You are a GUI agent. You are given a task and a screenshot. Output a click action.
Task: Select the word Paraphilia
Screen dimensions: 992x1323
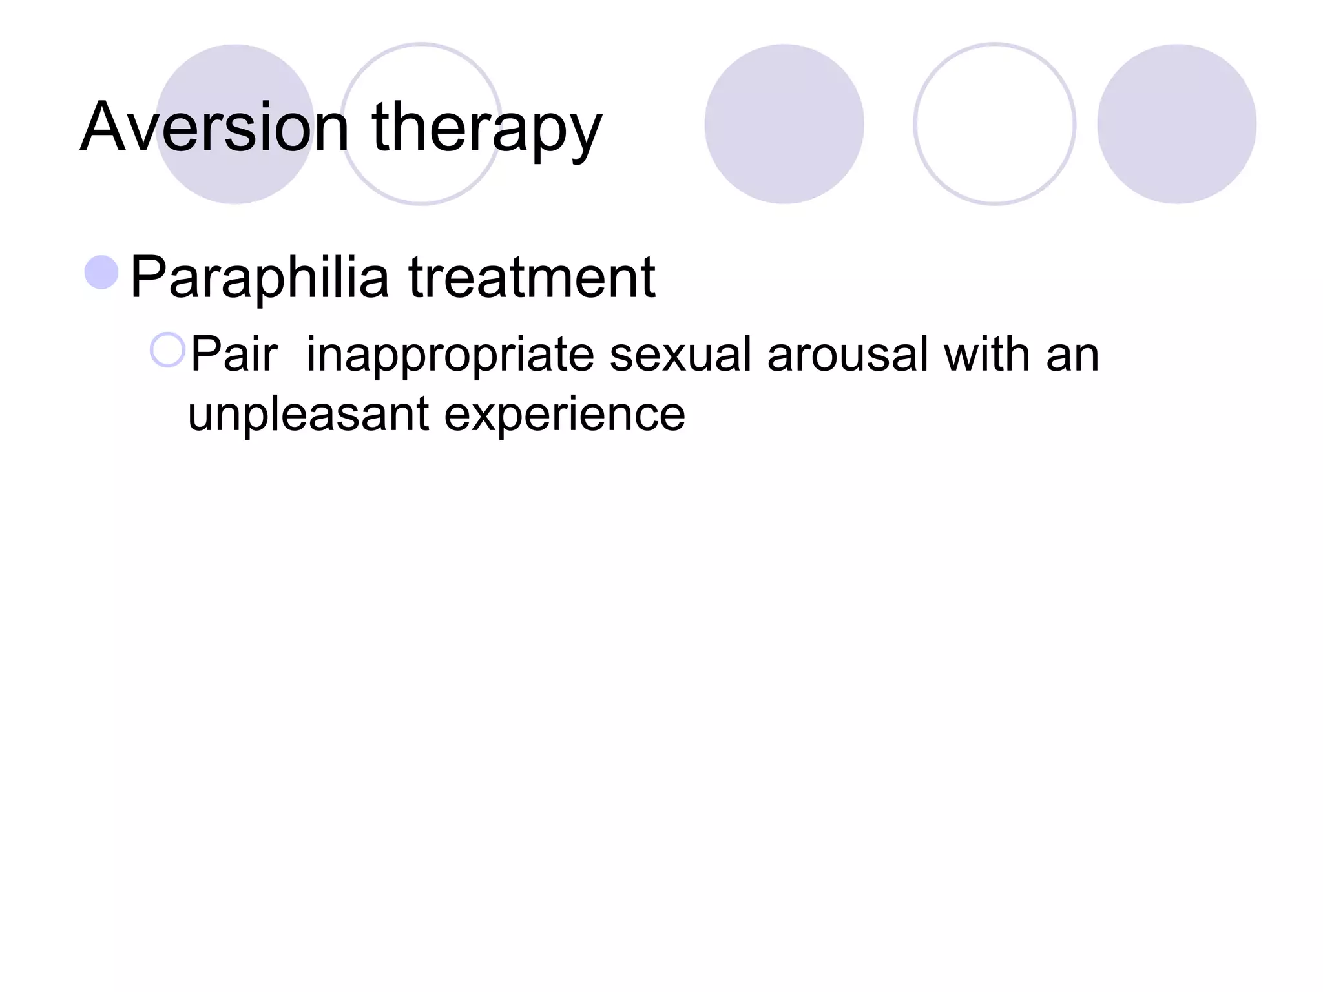tap(259, 278)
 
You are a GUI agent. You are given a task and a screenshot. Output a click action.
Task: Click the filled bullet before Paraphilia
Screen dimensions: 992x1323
tap(101, 272)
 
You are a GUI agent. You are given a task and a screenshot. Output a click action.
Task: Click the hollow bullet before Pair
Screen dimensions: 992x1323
tap(167, 350)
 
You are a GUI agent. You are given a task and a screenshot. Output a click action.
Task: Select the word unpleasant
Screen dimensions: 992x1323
tap(307, 415)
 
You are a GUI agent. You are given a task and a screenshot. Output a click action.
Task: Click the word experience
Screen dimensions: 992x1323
tap(565, 415)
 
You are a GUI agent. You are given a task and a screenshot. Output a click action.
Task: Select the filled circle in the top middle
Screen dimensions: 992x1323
tap(784, 124)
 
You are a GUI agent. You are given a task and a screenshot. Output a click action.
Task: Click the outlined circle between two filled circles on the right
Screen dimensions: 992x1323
tap(994, 124)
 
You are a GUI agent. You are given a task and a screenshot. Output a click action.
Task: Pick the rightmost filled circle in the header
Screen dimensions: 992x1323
tap(1176, 124)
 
